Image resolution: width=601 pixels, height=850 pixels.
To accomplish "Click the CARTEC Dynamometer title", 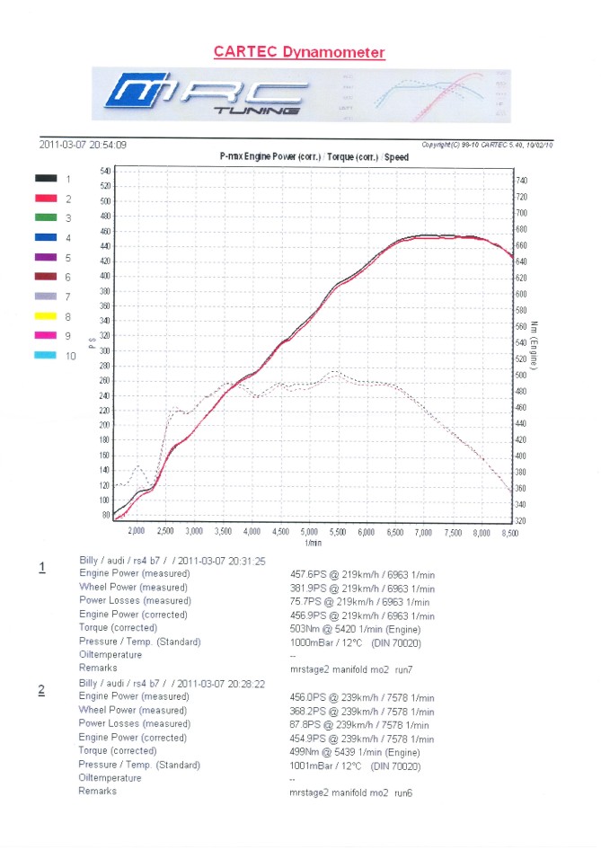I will [x=299, y=52].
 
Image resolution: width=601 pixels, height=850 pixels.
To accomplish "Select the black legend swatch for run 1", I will [x=47, y=179].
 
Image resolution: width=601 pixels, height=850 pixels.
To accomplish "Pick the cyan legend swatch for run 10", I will [x=47, y=356].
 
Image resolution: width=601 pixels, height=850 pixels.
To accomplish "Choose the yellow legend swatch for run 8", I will [x=47, y=316].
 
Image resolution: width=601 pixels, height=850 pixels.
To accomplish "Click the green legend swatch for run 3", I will [x=47, y=218].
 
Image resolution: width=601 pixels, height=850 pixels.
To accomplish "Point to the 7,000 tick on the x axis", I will [x=423, y=533].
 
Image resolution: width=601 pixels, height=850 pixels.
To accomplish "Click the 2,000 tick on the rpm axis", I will [x=137, y=532].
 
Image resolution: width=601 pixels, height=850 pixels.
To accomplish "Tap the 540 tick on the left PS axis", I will [x=105, y=170].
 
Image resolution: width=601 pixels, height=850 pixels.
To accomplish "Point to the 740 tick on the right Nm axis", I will [x=523, y=181].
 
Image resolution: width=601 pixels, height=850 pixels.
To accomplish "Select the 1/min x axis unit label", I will [x=313, y=544].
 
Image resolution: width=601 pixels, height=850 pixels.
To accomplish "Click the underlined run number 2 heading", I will [x=41, y=690].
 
